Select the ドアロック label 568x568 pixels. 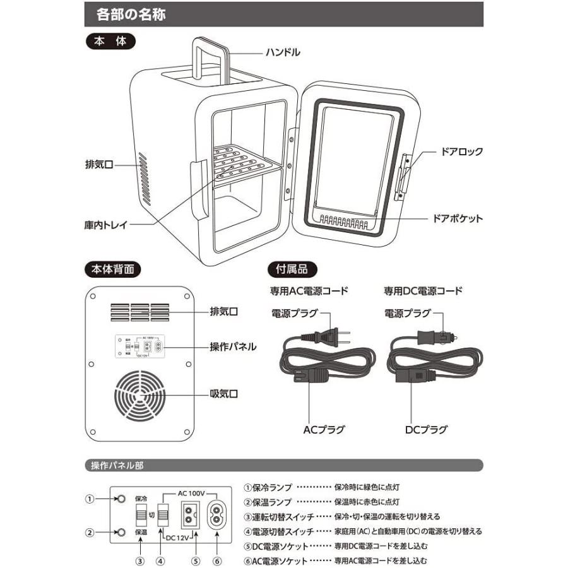462,151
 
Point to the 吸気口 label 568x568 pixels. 224,394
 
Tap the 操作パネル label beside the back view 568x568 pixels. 233,346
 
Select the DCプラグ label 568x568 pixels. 425,430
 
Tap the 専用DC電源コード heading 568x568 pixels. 423,292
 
